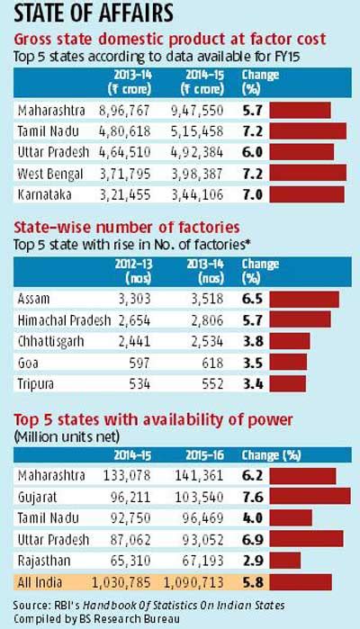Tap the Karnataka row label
coord(44,193)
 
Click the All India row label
coord(40,581)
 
